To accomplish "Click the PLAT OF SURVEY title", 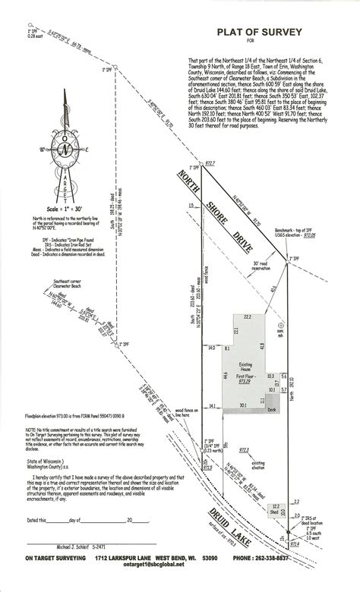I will pos(259,32).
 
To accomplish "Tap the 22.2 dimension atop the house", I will pos(247,316).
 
